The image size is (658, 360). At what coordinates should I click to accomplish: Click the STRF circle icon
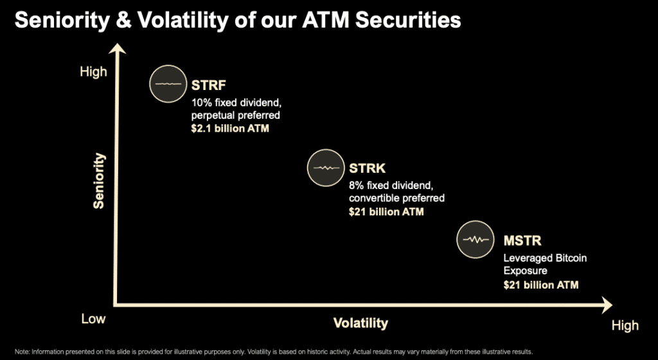tap(168, 84)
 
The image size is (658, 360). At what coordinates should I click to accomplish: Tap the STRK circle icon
tap(326, 168)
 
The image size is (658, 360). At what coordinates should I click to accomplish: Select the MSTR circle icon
tap(476, 239)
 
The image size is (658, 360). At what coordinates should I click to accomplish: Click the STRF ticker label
tap(209, 85)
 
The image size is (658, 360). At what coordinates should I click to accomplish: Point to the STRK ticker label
tap(367, 168)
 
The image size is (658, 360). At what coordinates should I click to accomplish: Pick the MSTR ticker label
tap(522, 241)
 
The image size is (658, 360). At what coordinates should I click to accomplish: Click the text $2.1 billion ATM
tap(230, 129)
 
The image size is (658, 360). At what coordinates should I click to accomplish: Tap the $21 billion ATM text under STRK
tap(386, 212)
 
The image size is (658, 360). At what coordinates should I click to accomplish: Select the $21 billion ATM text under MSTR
tap(541, 285)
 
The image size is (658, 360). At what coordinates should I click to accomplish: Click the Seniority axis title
tap(99, 181)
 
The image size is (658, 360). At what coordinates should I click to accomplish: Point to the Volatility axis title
tap(360, 323)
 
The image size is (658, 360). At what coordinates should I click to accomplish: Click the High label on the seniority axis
tap(93, 72)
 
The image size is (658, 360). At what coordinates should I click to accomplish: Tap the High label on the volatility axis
tap(625, 325)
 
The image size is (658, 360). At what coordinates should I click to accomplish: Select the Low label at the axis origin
tap(93, 319)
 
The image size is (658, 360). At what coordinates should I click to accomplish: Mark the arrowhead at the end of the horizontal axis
tap(607, 305)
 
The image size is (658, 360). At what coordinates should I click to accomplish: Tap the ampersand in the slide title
tap(123, 20)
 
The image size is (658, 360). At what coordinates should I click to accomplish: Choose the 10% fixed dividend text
tap(236, 102)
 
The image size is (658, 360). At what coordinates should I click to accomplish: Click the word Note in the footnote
tap(22, 352)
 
